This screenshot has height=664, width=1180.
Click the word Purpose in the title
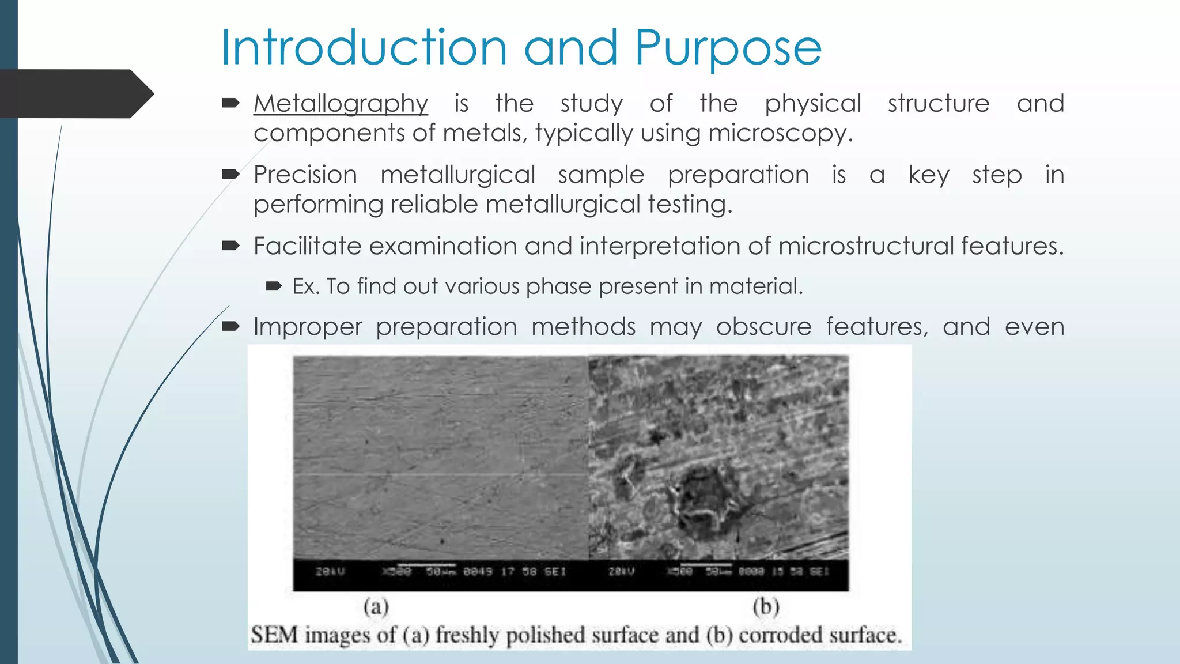pyautogui.click(x=728, y=48)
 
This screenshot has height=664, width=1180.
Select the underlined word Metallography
pyautogui.click(x=341, y=104)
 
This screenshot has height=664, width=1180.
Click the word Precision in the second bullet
pyautogui.click(x=305, y=175)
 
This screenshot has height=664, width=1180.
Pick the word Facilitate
pyautogui.click(x=307, y=246)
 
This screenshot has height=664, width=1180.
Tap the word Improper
pyautogui.click(x=308, y=327)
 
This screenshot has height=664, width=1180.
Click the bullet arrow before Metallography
pyautogui.click(x=230, y=103)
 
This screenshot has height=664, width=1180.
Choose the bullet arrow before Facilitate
pyautogui.click(x=230, y=246)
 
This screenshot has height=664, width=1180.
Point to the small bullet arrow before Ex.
pyautogui.click(x=274, y=286)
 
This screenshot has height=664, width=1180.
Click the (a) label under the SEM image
pyautogui.click(x=376, y=606)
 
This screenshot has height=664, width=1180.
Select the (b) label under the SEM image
pyautogui.click(x=766, y=606)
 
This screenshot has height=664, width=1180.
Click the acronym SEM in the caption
pyautogui.click(x=274, y=635)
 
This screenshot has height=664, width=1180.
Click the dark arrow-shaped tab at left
pyautogui.click(x=75, y=94)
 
